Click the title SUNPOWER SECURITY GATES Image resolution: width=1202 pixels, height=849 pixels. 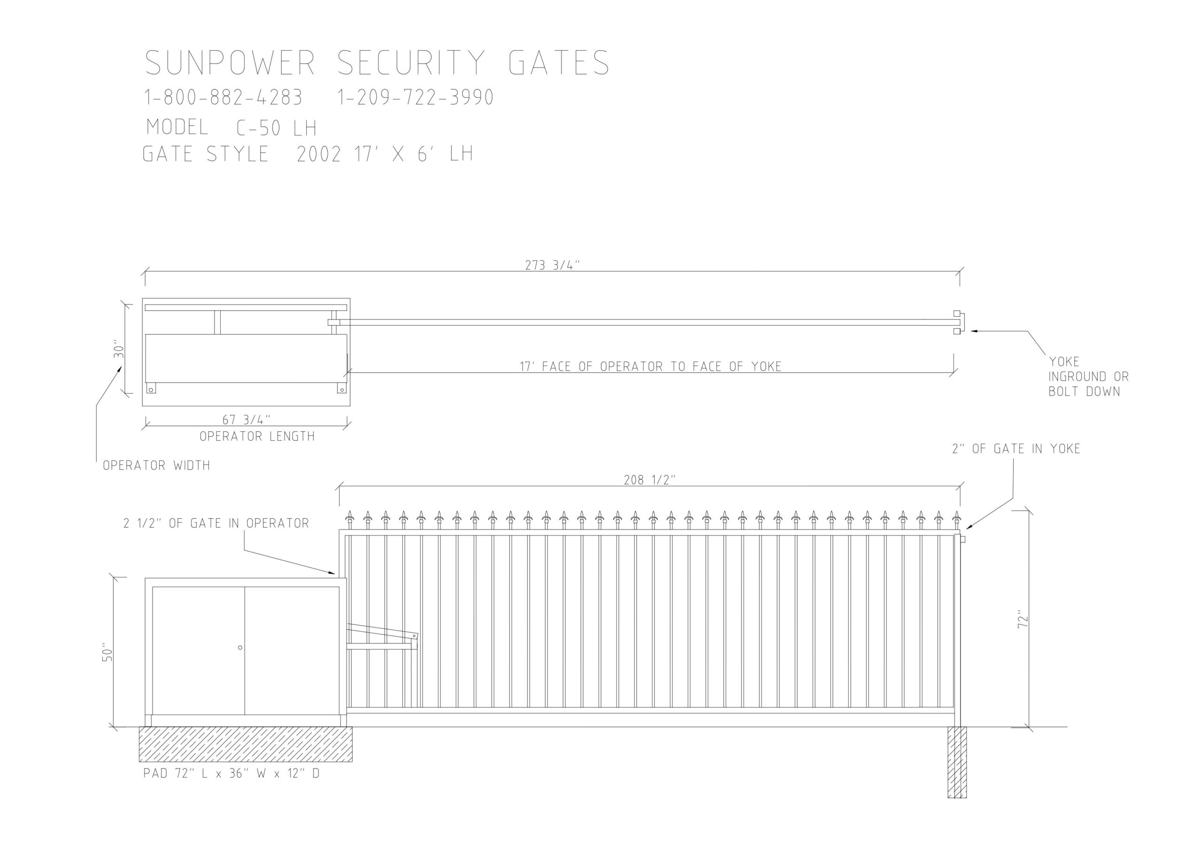coord(377,63)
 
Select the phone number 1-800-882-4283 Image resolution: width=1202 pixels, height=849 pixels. coord(223,97)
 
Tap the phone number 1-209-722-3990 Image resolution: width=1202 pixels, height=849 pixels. coord(416,97)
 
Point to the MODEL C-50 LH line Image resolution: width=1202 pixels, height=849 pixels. coord(231,127)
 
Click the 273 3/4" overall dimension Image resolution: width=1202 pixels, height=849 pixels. coord(553,265)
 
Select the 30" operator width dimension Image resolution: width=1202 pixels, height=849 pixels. coord(118,351)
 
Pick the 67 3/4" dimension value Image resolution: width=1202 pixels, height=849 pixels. coord(247,420)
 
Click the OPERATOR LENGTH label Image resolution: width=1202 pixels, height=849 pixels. coord(257,436)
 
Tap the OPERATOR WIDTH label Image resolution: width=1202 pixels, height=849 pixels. coord(156,465)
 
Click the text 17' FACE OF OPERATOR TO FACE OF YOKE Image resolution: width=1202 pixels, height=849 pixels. coord(650,367)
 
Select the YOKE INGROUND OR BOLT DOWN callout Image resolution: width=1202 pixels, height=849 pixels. coord(1088,376)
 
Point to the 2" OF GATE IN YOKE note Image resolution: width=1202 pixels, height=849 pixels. coord(1016,449)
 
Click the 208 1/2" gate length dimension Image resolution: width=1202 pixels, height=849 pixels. coord(650,480)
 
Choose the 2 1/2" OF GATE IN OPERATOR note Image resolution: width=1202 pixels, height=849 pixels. coord(216,523)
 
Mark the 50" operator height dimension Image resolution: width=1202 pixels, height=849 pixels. coord(107,652)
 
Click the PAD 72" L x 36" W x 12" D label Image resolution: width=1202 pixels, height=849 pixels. coord(231,773)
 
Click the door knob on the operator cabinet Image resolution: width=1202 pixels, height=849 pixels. coord(240,648)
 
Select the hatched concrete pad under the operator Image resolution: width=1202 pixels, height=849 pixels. coord(246,744)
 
